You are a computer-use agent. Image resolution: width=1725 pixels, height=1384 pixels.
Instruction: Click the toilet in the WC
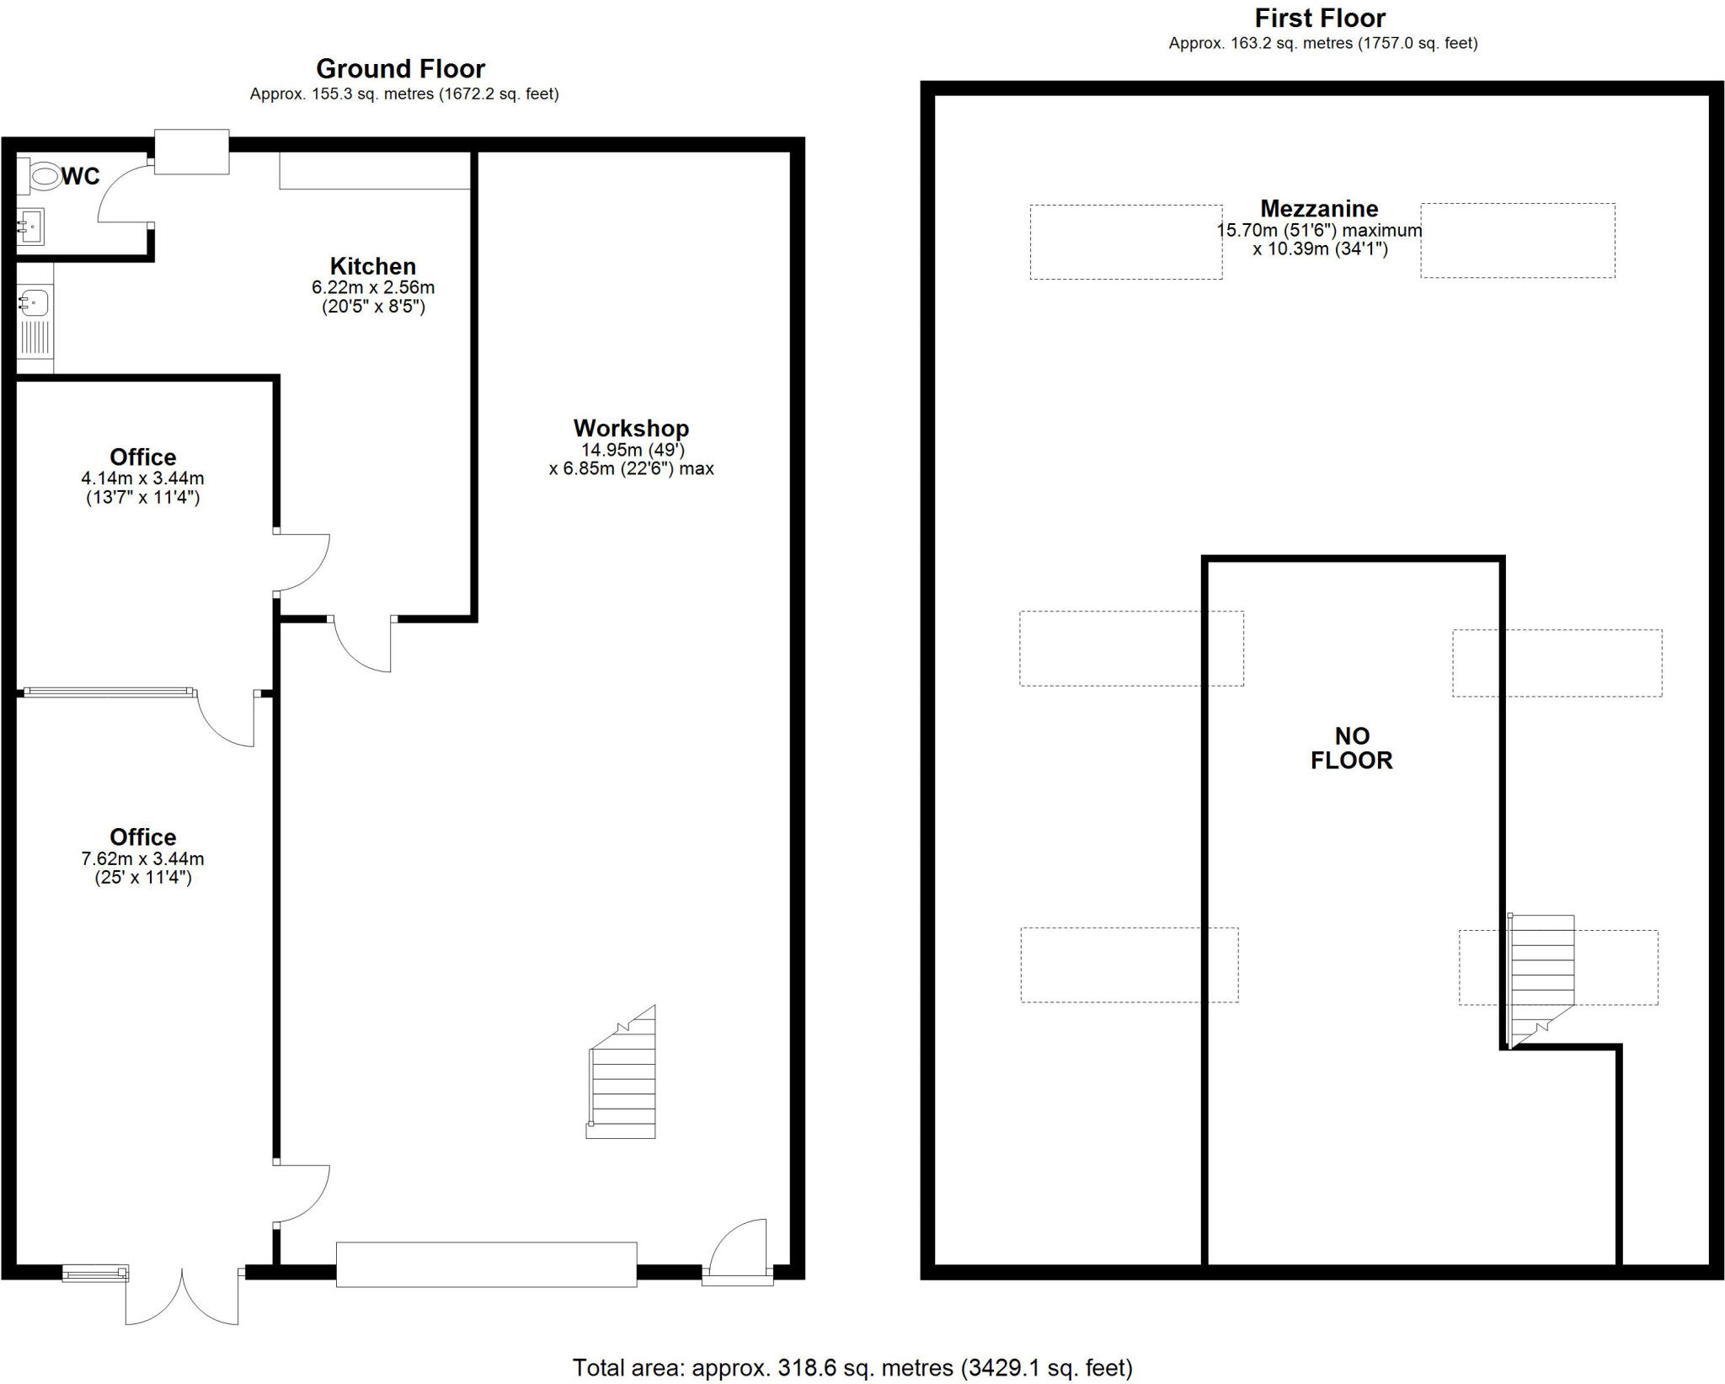coord(40,177)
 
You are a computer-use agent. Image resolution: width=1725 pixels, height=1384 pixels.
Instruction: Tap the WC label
coord(81,176)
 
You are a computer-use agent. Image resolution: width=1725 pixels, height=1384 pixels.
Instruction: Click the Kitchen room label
coord(372,266)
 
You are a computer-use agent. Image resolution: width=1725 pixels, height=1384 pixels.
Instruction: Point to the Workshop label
coord(631,428)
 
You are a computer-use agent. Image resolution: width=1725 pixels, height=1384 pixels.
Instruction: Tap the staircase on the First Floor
coord(1541,977)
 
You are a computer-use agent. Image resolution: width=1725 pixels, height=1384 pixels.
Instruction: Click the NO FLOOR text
coord(1351,748)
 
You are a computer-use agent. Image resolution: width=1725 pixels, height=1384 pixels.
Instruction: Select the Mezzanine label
coord(1319,208)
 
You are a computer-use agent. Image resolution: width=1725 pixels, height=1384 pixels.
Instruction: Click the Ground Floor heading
coord(400,68)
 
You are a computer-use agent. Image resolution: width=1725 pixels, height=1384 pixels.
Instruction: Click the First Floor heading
coord(1320,18)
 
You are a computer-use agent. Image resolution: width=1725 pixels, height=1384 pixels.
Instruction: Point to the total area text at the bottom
coord(852,1367)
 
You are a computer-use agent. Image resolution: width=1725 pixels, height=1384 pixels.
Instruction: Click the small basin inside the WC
coord(30,226)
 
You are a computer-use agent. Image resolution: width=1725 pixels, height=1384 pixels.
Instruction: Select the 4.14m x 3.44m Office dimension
coord(142,478)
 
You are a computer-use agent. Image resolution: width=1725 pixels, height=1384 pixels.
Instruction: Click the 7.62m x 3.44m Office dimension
coord(142,859)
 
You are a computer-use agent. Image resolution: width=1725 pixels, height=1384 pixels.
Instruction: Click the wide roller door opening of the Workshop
coord(486,1264)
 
